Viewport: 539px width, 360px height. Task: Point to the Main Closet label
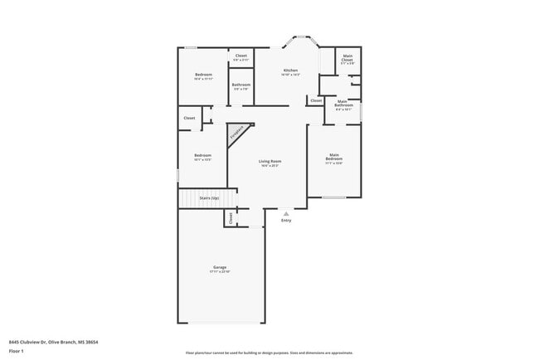[347, 59]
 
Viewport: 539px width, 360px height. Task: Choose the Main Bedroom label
[334, 157]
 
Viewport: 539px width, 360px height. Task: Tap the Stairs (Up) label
[209, 198]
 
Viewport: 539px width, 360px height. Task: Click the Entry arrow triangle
[286, 213]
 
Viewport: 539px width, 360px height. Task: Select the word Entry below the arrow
[286, 221]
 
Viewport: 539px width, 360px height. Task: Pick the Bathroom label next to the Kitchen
[241, 86]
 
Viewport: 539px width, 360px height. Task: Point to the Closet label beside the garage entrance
[230, 217]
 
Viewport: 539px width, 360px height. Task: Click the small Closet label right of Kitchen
[316, 100]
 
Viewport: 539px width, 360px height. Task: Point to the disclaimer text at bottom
[269, 353]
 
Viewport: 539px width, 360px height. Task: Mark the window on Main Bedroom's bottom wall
[334, 197]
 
